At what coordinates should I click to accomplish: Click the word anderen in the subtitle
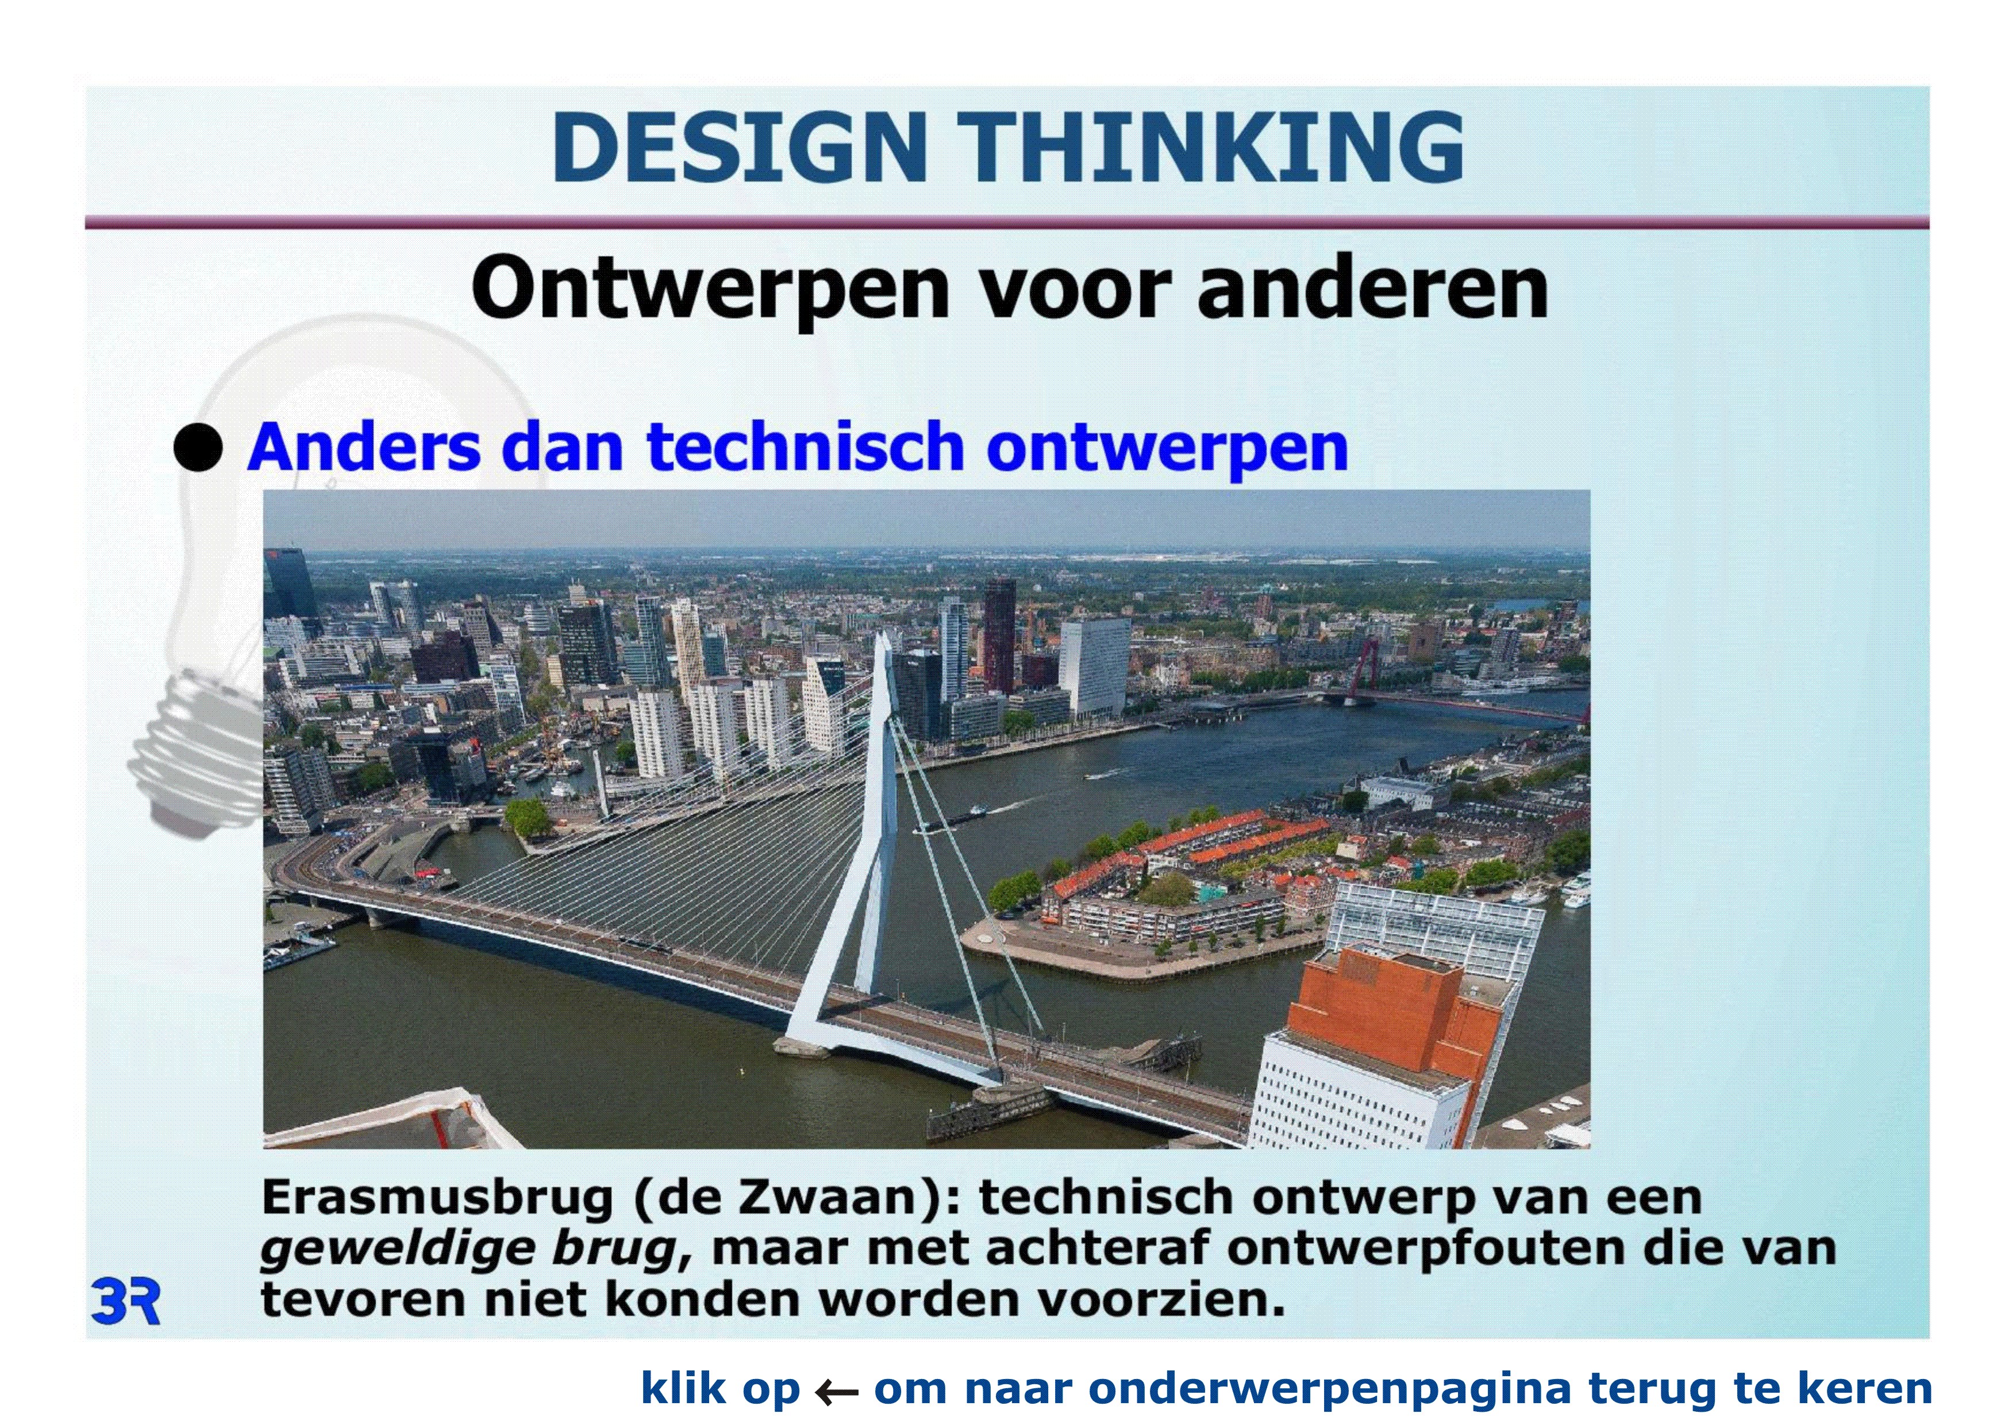point(1372,287)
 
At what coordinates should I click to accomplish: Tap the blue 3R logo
point(125,1302)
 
